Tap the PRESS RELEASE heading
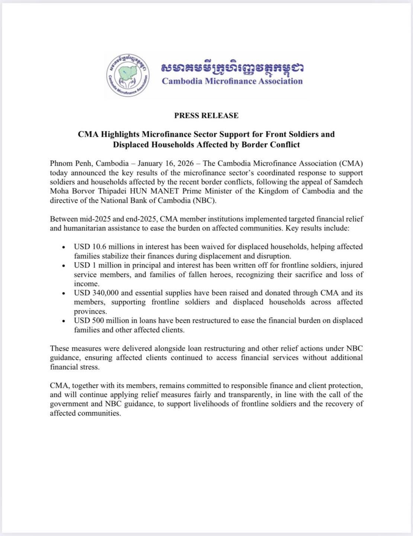[x=206, y=115]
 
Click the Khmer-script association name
[x=232, y=68]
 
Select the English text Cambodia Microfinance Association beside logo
[x=232, y=81]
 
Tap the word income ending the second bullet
[x=85, y=284]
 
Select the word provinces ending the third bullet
[x=90, y=311]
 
